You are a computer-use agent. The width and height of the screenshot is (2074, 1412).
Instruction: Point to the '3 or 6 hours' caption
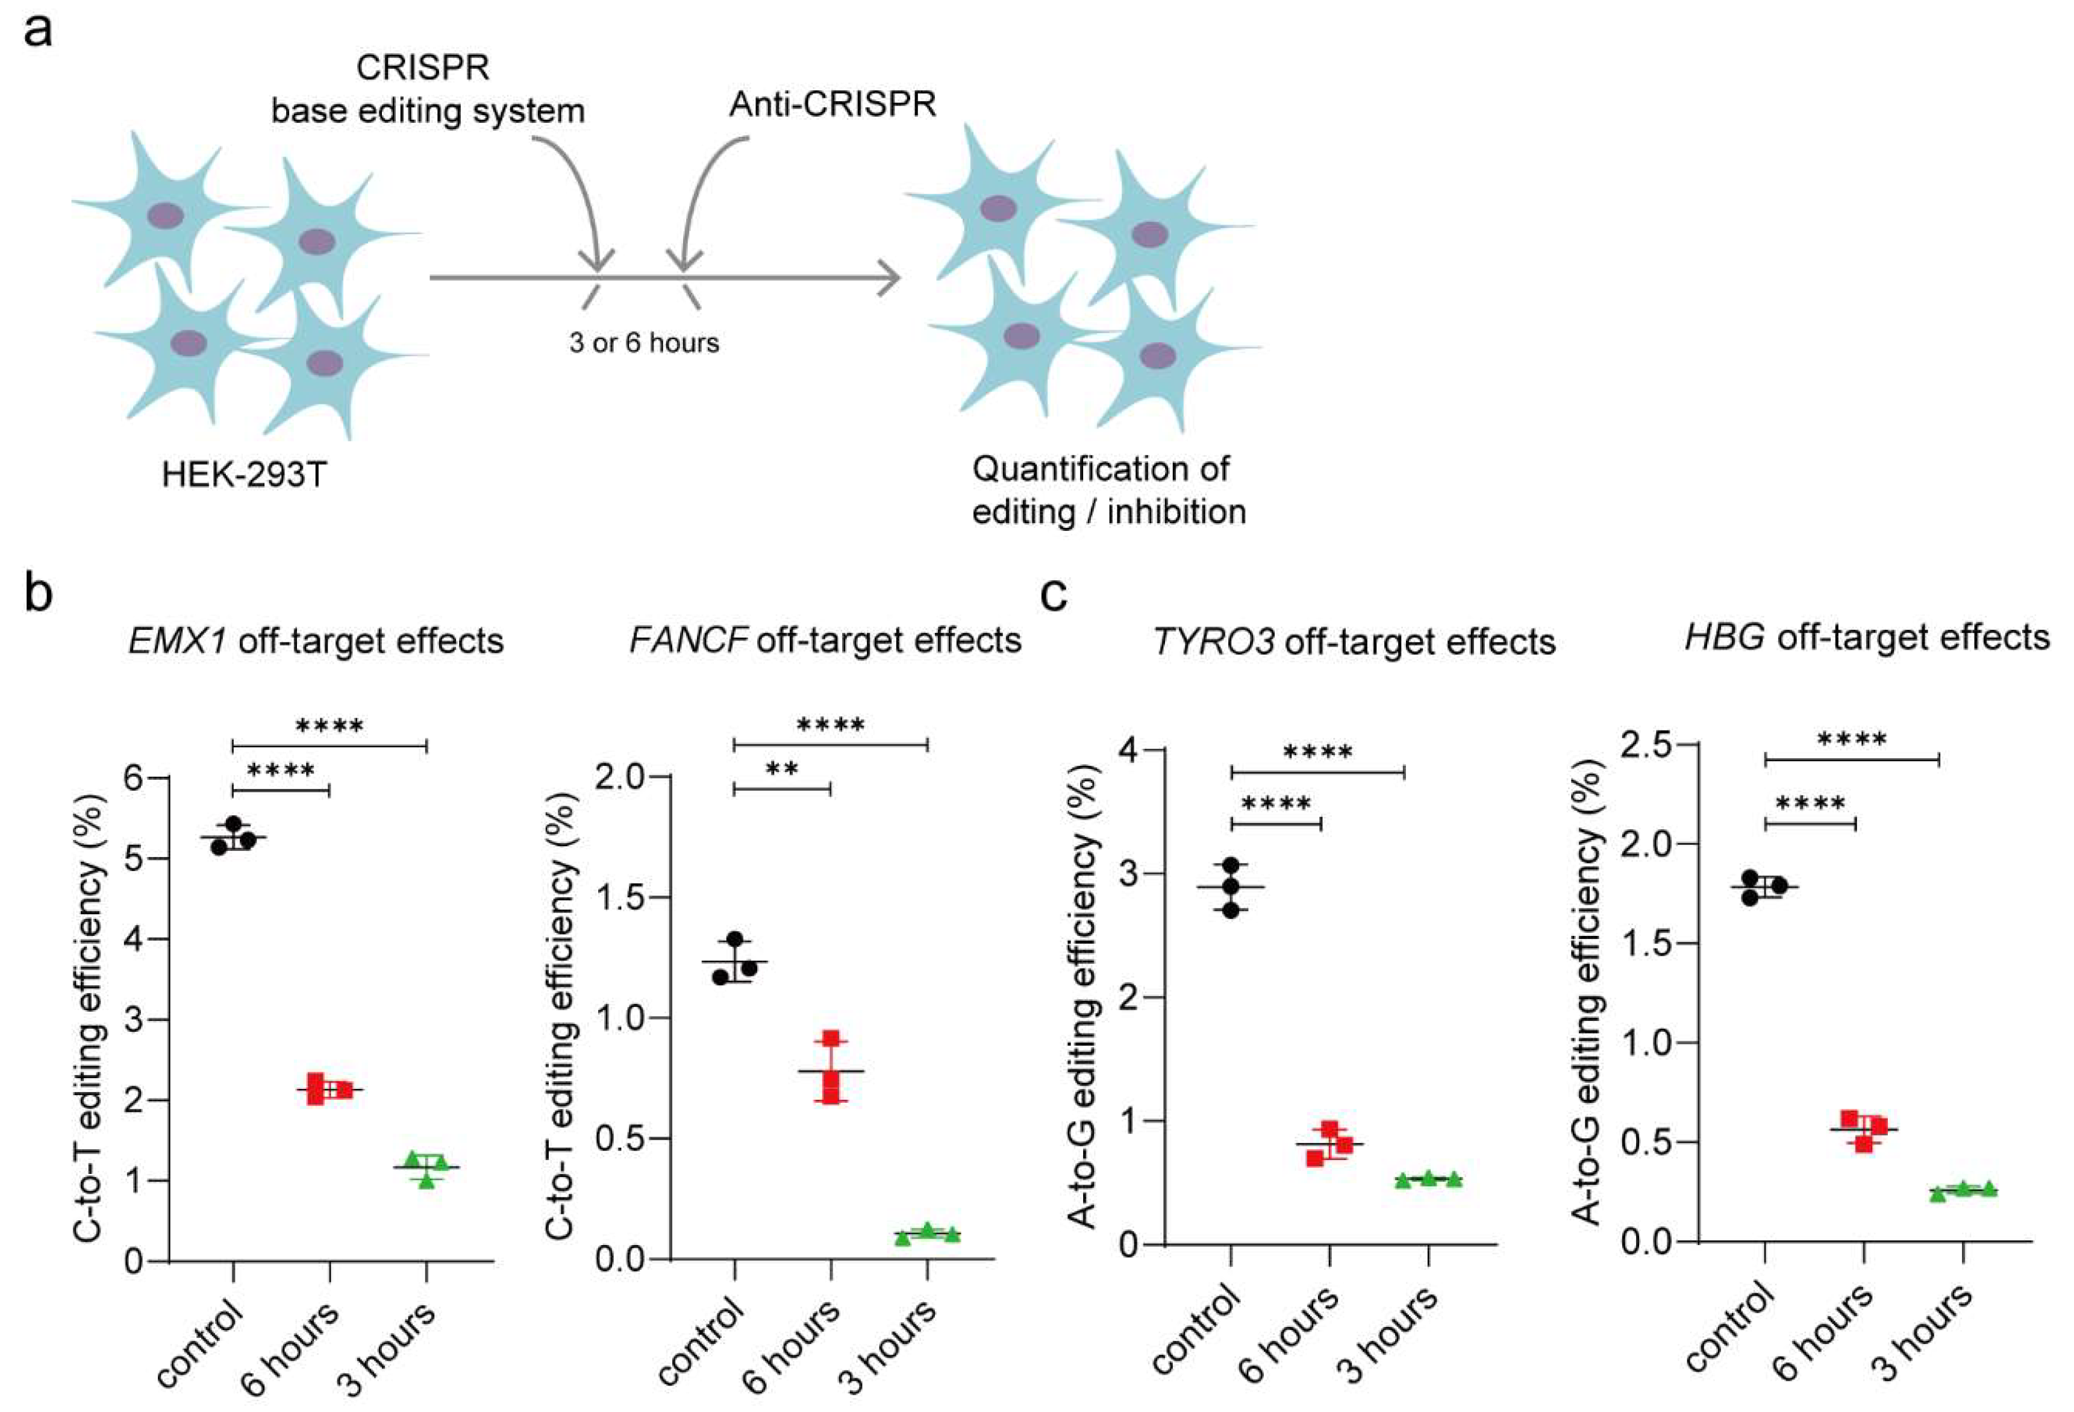(x=645, y=343)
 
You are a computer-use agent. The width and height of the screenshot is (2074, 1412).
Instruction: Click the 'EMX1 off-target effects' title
(x=316, y=641)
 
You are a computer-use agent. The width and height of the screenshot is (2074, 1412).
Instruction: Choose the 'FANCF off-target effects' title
(x=825, y=640)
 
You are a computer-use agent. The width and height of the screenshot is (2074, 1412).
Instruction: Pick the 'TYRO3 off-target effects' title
(x=1354, y=642)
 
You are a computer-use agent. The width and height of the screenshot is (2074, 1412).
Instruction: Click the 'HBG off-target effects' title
(x=1867, y=638)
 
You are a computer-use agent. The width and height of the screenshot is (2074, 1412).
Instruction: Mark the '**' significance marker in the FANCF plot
(x=782, y=770)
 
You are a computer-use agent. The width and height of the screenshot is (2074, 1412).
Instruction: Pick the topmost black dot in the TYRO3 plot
(x=1231, y=865)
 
